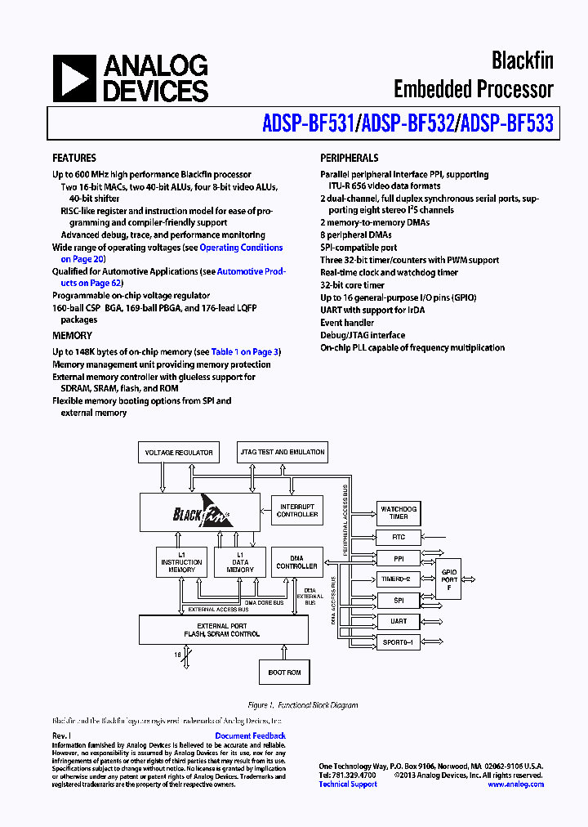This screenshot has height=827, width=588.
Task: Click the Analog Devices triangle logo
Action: [x=73, y=78]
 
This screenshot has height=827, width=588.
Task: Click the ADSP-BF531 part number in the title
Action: [x=308, y=123]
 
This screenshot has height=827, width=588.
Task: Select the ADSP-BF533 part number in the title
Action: [x=507, y=123]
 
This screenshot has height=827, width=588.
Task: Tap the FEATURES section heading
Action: [x=74, y=159]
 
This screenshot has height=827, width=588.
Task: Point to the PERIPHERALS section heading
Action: [x=350, y=159]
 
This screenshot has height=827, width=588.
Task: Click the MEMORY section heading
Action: [x=73, y=336]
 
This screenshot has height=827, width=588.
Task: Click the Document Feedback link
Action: [x=250, y=736]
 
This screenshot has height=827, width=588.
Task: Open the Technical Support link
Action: [x=348, y=785]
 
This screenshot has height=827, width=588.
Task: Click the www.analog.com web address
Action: [x=515, y=785]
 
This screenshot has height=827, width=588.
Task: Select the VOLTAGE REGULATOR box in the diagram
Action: [x=179, y=452]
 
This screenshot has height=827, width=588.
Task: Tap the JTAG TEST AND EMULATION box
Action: [x=283, y=452]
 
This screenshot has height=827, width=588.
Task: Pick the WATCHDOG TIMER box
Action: [x=399, y=513]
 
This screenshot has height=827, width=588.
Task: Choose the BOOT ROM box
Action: [x=284, y=673]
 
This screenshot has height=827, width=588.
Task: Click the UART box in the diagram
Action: [x=399, y=621]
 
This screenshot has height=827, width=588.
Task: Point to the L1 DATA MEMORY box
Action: [x=240, y=562]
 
